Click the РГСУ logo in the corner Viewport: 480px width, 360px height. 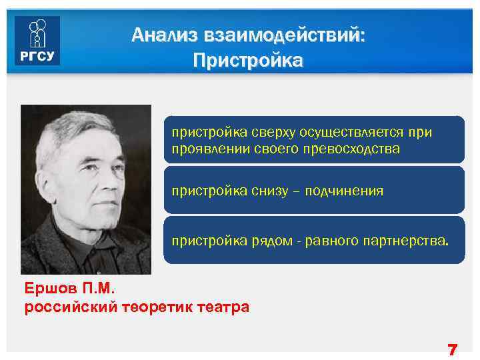click(x=37, y=41)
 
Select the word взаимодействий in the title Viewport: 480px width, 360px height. click(x=280, y=35)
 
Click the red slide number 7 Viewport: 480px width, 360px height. click(x=453, y=349)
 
